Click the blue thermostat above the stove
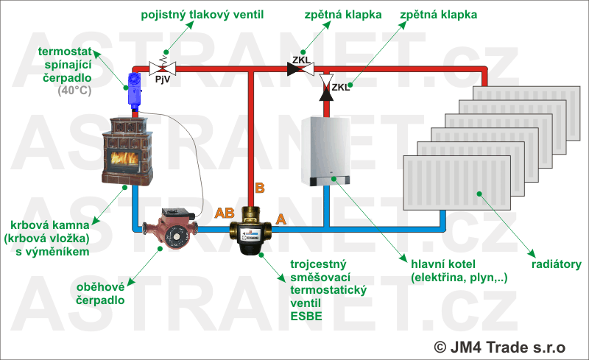(135, 88)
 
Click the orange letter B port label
(259, 188)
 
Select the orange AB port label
(225, 214)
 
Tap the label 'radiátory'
(557, 264)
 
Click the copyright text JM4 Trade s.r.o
(499, 345)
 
